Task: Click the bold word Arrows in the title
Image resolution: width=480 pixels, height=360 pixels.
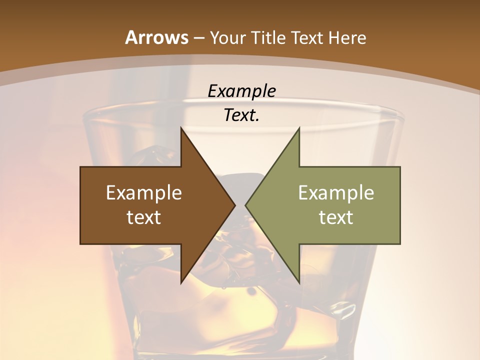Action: coord(156,37)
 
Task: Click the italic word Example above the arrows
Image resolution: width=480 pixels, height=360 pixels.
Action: coord(241,91)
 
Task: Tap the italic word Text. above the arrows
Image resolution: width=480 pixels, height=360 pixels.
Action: coord(240,115)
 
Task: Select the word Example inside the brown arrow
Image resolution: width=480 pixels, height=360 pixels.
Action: coord(144,192)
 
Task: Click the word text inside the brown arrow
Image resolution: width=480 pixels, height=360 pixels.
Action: coord(144,217)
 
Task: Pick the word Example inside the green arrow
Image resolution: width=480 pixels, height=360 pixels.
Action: coord(336,192)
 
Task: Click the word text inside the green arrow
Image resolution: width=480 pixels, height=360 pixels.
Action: coord(336,217)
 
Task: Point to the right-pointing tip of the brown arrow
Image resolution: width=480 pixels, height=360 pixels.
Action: coord(235,205)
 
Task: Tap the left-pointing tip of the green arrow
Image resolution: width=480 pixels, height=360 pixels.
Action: coord(245,205)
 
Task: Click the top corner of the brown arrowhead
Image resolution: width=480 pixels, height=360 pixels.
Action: coord(181,128)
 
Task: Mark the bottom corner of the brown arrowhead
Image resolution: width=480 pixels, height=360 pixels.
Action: coord(181,282)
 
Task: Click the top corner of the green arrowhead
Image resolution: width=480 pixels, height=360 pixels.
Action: coord(299,128)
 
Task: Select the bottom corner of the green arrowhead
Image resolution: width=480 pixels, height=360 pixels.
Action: coord(299,282)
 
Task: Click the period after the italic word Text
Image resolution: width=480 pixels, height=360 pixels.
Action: coord(257,120)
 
